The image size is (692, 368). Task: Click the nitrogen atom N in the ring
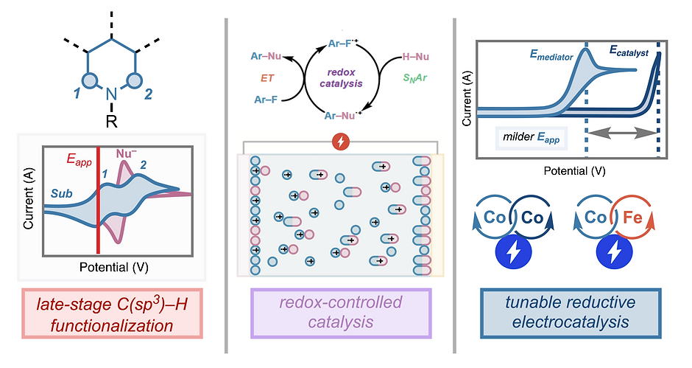(112, 94)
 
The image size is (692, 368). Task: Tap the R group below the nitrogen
(112, 120)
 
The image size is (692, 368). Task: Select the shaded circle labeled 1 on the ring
(91, 80)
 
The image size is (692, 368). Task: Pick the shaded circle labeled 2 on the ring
(134, 80)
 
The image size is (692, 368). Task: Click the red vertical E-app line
(98, 201)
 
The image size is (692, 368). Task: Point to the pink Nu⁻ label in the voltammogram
(126, 153)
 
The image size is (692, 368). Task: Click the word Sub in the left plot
(61, 193)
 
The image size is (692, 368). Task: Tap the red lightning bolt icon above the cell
(341, 142)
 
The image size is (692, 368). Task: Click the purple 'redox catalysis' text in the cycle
(341, 77)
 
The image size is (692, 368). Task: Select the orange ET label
(267, 78)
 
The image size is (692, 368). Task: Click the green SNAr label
(415, 78)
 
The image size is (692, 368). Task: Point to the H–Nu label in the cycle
(415, 57)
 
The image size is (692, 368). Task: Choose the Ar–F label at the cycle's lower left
(266, 100)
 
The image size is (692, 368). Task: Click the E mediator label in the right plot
(551, 55)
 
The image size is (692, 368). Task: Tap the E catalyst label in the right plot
(629, 51)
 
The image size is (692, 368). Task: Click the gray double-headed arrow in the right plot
(622, 132)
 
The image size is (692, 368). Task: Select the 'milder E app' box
(531, 137)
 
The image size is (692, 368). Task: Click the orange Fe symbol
(632, 218)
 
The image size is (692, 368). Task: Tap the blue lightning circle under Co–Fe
(614, 251)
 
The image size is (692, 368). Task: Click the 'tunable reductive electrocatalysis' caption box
(571, 313)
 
